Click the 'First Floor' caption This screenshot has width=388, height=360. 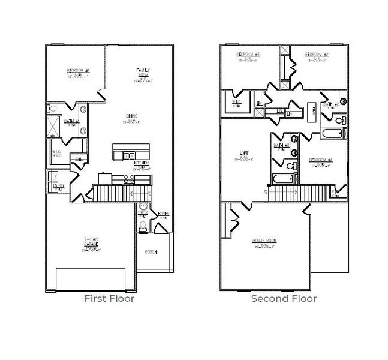click(109, 298)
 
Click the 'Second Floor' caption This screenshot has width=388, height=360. click(284, 298)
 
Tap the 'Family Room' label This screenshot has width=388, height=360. click(145, 73)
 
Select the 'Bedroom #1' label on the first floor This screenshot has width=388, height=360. click(77, 71)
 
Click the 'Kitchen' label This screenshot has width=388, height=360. click(142, 163)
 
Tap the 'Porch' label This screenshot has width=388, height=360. click(151, 252)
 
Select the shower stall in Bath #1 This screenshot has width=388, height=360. click(54, 128)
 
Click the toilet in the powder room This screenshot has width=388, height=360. click(143, 226)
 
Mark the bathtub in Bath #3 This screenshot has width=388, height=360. click(281, 179)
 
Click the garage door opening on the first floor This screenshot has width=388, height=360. click(91, 280)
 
